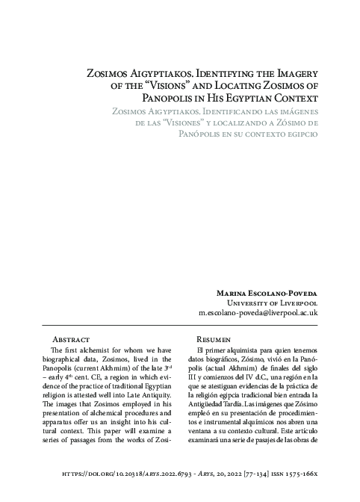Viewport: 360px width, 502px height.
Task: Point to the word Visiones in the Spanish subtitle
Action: tap(196, 123)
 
